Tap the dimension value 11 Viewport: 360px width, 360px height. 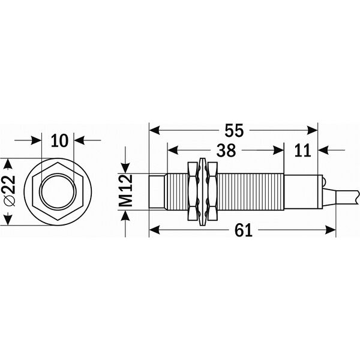click(x=304, y=149)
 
